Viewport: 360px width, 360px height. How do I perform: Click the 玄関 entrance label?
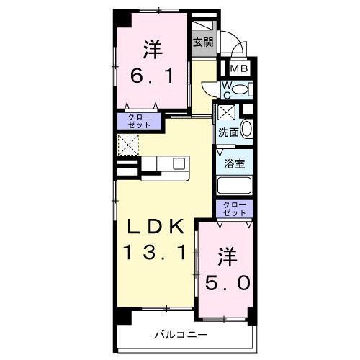tap(203, 42)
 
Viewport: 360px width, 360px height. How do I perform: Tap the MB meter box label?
tap(239, 68)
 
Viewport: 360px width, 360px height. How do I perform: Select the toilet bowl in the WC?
tap(240, 90)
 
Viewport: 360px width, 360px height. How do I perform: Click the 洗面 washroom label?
tap(228, 132)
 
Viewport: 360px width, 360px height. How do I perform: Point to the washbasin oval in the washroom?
tap(246, 128)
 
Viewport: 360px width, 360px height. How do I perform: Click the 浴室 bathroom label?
tap(235, 163)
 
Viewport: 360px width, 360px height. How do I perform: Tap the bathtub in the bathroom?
tap(234, 185)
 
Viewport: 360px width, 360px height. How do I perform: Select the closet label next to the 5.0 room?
tap(235, 209)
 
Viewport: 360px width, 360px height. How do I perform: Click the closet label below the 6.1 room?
tap(139, 121)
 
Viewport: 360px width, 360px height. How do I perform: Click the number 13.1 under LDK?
tap(156, 253)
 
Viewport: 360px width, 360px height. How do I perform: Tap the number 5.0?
tap(228, 283)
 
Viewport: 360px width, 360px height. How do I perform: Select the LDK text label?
tap(156, 226)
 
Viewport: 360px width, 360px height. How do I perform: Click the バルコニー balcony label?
tap(181, 335)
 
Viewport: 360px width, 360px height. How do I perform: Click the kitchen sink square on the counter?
tap(179, 163)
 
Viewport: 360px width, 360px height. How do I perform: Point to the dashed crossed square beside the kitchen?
tap(128, 145)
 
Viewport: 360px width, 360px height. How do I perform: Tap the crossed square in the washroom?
tap(226, 112)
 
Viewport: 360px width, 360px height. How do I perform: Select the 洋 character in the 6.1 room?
tap(153, 50)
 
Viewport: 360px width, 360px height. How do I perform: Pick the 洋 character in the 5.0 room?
tap(228, 257)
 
